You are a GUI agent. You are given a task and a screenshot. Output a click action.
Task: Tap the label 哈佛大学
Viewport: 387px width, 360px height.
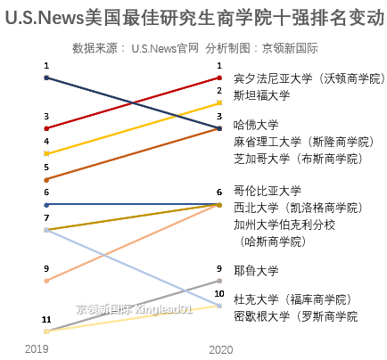tap(255, 125)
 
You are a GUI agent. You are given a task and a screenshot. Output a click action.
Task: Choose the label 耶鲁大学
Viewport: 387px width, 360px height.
tap(255, 270)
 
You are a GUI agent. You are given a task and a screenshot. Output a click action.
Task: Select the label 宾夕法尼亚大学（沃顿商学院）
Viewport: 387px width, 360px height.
tap(309, 78)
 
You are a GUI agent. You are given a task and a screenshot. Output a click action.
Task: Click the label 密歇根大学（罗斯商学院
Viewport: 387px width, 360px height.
tap(295, 316)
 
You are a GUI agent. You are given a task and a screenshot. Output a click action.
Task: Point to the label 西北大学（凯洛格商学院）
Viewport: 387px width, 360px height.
tap(297, 207)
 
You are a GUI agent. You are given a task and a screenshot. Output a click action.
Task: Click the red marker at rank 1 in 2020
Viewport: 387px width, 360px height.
tap(219, 78)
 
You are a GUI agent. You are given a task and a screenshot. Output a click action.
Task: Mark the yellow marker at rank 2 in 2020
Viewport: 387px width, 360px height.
tap(219, 102)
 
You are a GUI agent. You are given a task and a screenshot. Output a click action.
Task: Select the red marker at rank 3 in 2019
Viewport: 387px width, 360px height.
tap(45, 128)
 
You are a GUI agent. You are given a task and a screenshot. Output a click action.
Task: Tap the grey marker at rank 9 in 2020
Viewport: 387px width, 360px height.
tap(219, 281)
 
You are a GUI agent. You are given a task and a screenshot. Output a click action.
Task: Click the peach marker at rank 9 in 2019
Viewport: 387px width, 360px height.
tap(45, 281)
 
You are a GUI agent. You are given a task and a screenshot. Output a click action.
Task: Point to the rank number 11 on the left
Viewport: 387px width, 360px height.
tap(45, 319)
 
